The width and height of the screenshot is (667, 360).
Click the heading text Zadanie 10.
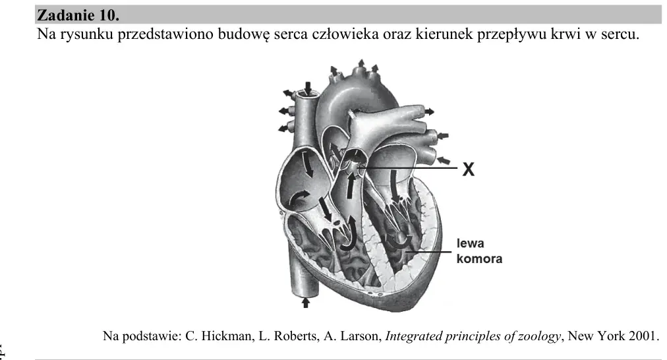pyautogui.click(x=78, y=15)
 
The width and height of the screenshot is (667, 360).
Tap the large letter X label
pyautogui.click(x=468, y=169)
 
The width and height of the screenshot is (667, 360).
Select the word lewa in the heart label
pyautogui.click(x=470, y=243)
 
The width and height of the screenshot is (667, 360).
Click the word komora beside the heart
pyautogui.click(x=479, y=258)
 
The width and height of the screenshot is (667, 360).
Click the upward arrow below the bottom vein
pyautogui.click(x=305, y=302)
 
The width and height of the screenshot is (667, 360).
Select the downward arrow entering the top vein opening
pyautogui.click(x=308, y=88)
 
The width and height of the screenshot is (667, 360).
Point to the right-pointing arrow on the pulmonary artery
pyautogui.click(x=429, y=111)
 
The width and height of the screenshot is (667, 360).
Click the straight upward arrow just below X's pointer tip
pyautogui.click(x=350, y=185)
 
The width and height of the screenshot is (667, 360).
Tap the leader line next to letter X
pyautogui.click(x=409, y=169)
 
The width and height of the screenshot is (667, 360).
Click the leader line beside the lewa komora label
pyautogui.click(x=428, y=251)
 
